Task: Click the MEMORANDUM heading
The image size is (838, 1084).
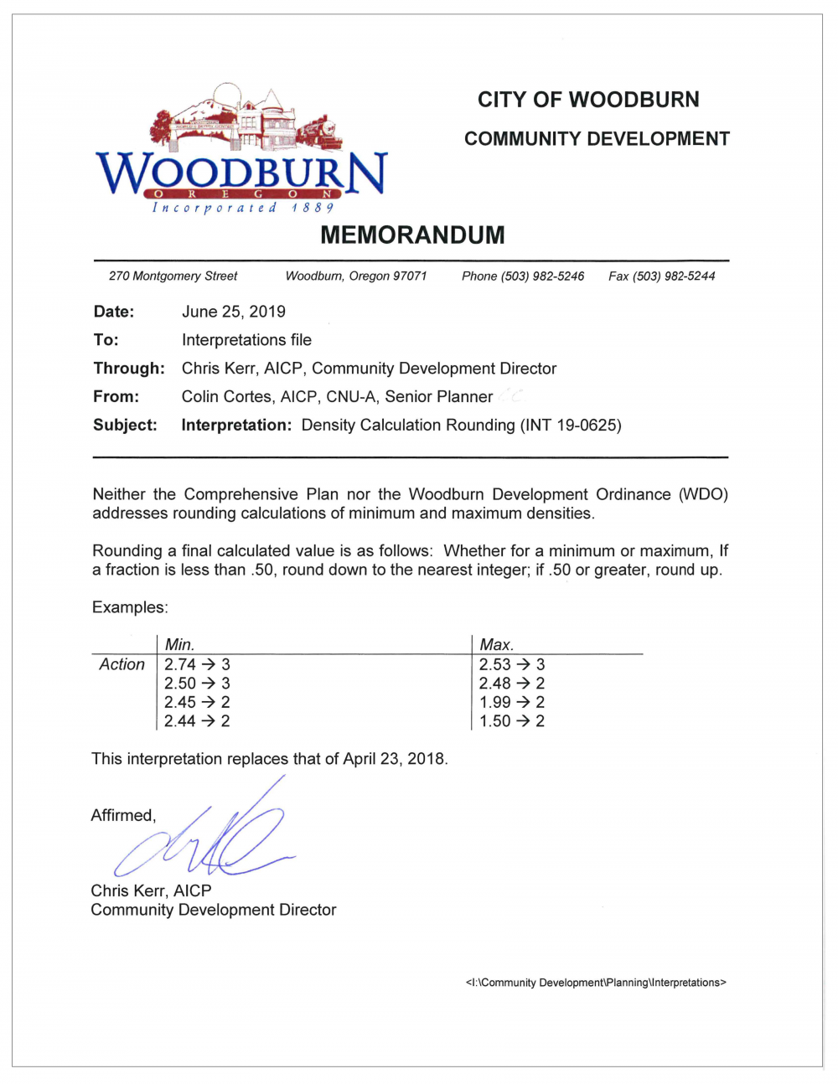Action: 412,235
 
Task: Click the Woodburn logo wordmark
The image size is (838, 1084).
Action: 241,173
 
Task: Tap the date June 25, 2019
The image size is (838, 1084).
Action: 233,312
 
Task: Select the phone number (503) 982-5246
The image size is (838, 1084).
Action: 542,276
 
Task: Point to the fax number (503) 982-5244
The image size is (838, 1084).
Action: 674,276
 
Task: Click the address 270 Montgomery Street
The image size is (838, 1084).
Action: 173,276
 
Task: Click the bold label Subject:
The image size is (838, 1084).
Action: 125,425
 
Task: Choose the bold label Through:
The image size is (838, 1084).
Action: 129,369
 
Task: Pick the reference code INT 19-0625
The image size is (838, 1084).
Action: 571,425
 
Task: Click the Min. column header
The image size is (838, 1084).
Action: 179,644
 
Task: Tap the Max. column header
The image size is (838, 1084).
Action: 496,644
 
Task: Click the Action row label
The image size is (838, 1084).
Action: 122,664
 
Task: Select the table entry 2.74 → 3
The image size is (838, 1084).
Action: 197,664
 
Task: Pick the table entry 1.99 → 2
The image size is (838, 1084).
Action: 511,702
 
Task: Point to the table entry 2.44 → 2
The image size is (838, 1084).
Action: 197,721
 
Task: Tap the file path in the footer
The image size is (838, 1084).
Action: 595,983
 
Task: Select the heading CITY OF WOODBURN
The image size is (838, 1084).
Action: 588,100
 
